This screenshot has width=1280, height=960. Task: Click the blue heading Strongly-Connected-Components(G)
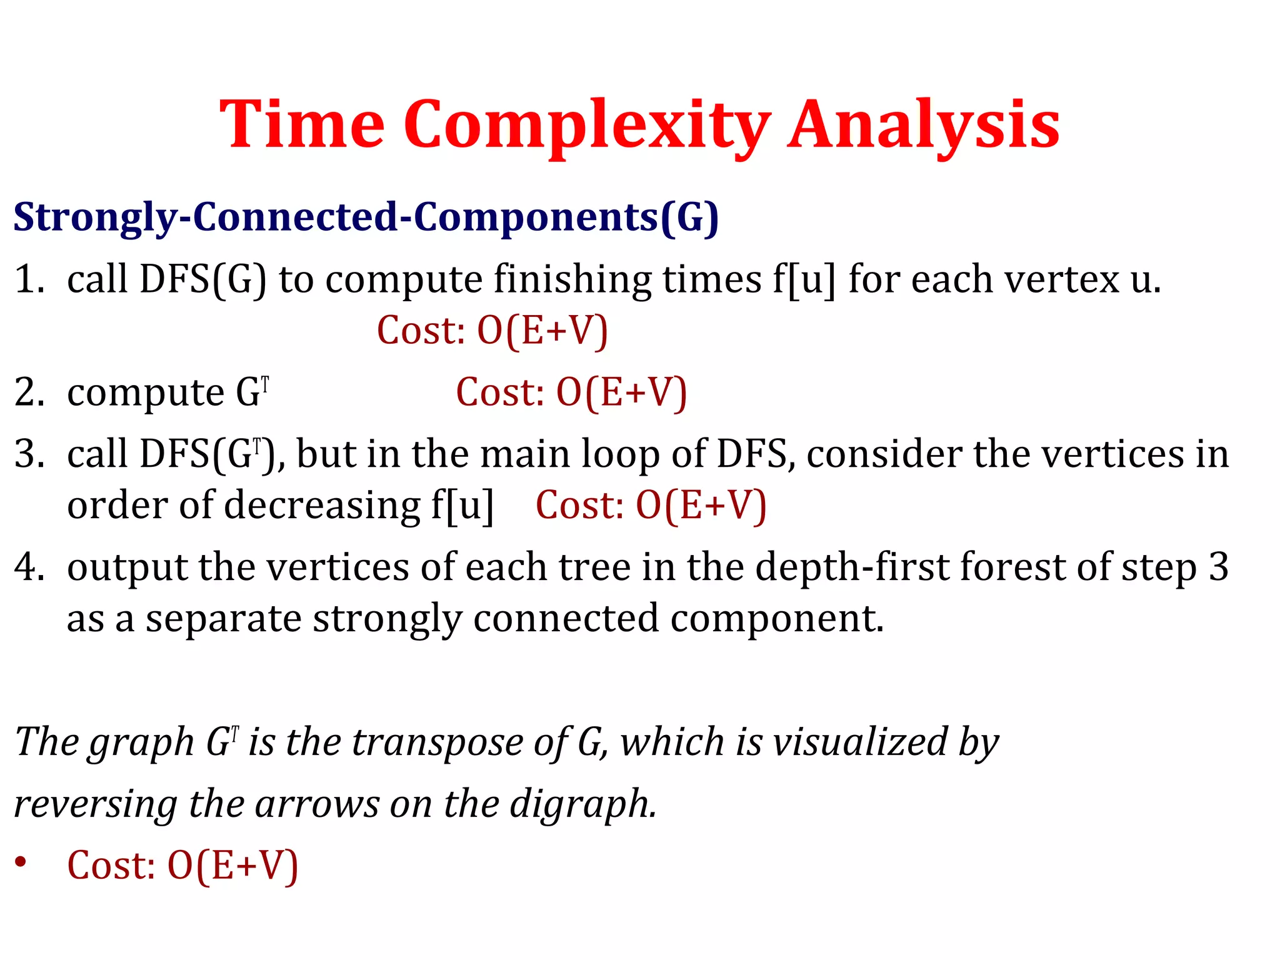pyautogui.click(x=366, y=217)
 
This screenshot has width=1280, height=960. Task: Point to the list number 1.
pyautogui.click(x=28, y=279)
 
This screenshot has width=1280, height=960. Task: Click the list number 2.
pyautogui.click(x=28, y=392)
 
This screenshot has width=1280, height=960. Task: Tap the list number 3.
pyautogui.click(x=28, y=454)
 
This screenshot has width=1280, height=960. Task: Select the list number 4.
pyautogui.click(x=28, y=567)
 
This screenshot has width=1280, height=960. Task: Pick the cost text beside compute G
pyautogui.click(x=571, y=392)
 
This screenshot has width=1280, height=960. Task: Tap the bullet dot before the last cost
pyautogui.click(x=21, y=862)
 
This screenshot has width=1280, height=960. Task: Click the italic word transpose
pyautogui.click(x=437, y=742)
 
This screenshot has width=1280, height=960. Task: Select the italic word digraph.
pyautogui.click(x=582, y=804)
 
